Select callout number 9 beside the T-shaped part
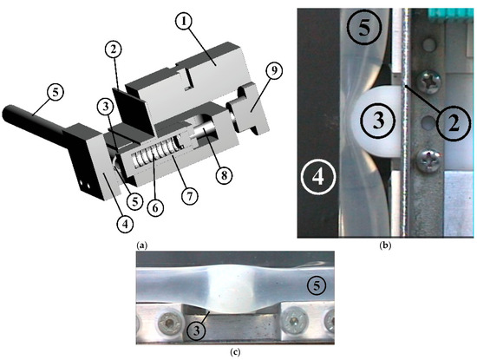[274, 71]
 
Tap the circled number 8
[224, 175]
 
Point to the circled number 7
[189, 196]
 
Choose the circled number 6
[155, 208]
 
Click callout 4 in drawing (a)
[126, 225]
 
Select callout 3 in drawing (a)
[106, 107]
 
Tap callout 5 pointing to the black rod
[55, 92]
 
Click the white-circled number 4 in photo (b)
[318, 176]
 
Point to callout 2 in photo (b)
[454, 123]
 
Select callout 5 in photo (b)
[364, 28]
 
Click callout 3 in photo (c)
[197, 331]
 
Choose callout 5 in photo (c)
[317, 286]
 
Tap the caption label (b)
[385, 245]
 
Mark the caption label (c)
[235, 352]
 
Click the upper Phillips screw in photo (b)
[430, 82]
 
